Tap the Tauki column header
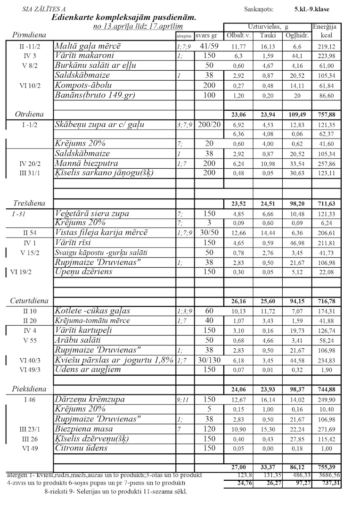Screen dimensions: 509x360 (x=270, y=35)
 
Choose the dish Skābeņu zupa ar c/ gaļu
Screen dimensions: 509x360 (x=99, y=124)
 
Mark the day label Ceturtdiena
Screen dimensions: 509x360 (x=30, y=301)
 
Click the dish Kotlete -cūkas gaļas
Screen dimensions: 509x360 (x=92, y=311)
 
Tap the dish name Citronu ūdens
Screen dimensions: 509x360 (x=81, y=448)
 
